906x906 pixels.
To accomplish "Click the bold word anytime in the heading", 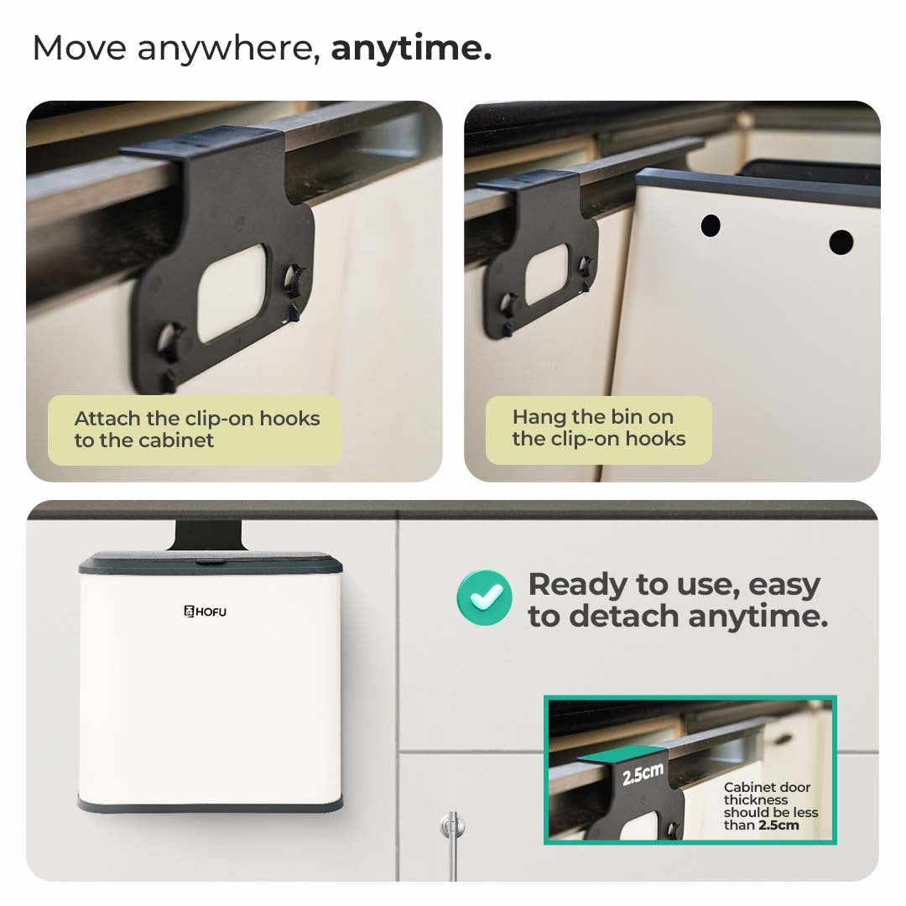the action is point(411,48).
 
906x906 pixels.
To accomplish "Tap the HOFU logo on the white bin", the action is point(206,612).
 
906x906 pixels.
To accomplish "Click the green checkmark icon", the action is point(484,597).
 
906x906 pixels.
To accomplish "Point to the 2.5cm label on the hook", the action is point(643,773).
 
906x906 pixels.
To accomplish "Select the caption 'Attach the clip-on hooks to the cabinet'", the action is point(197,430).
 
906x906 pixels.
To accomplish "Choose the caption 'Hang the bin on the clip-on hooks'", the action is point(599,428).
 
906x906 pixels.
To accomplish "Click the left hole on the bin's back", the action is point(711,226).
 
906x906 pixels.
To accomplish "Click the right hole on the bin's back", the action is point(841,242).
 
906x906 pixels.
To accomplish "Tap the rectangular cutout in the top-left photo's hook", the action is point(232,294).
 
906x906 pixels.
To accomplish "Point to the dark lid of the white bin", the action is point(211,563).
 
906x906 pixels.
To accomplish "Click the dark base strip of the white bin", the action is point(211,804).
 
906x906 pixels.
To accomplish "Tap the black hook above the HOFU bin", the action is point(208,535).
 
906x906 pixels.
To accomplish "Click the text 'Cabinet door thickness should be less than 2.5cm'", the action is point(771,806).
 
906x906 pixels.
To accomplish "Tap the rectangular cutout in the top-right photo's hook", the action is point(547,273).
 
